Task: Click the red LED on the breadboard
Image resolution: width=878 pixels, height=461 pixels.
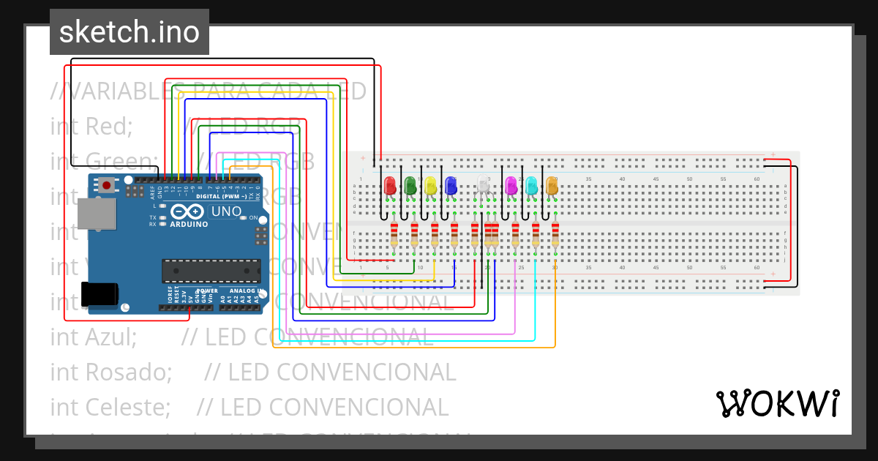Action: [x=389, y=186]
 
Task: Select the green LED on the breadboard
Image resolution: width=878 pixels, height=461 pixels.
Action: [x=410, y=186]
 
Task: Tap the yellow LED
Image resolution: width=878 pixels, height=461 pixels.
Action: [x=431, y=186]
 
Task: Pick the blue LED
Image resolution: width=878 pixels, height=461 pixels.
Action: [x=451, y=186]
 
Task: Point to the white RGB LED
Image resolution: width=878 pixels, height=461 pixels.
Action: [x=483, y=185]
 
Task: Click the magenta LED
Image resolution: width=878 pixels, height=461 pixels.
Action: [x=511, y=186]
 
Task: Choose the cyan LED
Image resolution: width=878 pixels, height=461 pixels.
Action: [x=532, y=186]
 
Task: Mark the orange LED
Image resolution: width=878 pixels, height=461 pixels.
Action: [x=552, y=186]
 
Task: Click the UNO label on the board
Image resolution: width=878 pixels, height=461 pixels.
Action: [x=226, y=211]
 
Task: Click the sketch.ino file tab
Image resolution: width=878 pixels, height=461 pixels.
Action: [x=130, y=32]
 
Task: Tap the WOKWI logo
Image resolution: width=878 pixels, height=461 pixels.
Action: [x=777, y=403]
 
